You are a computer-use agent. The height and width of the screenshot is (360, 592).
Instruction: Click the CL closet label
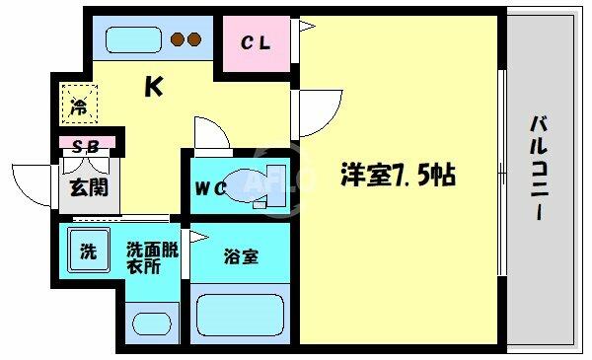256,43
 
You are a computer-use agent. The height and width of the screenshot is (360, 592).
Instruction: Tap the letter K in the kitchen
154,87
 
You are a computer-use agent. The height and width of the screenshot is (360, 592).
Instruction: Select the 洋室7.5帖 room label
399,175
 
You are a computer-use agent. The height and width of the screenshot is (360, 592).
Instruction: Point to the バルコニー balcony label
539,169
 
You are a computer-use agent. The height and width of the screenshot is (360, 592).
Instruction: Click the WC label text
210,188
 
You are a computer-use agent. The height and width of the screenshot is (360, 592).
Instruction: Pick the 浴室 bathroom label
242,256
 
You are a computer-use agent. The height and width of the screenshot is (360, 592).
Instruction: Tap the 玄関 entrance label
89,187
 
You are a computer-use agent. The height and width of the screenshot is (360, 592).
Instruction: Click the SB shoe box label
86,146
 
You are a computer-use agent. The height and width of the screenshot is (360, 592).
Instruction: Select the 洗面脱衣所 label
152,258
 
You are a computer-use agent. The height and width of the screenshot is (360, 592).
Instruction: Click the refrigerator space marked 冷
80,105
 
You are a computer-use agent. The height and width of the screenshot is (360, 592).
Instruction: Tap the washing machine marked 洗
89,250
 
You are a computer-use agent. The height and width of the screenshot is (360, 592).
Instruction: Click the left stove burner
177,39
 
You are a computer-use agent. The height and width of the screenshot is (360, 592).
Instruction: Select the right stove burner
194,39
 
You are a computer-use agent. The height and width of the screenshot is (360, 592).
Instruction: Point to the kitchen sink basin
133,39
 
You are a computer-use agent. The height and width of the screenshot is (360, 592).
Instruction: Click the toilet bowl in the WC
243,184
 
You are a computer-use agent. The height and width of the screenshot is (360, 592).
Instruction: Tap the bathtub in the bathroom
240,315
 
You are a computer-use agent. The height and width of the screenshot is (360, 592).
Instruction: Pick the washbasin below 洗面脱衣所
152,324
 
